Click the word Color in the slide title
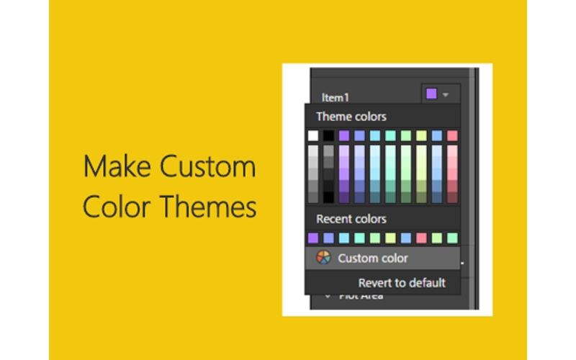click(117, 207)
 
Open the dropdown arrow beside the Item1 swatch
click(446, 94)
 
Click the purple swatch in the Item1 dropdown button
click(431, 94)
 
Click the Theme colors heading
click(351, 117)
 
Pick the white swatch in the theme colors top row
click(312, 135)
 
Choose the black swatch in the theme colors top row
click(328, 135)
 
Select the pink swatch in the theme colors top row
click(452, 135)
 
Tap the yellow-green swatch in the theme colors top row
click(421, 135)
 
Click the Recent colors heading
click(351, 219)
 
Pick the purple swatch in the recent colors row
click(312, 238)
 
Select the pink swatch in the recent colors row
click(421, 238)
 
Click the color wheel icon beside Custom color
click(323, 258)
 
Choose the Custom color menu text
click(373, 258)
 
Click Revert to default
click(402, 283)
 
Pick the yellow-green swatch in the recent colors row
click(390, 238)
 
